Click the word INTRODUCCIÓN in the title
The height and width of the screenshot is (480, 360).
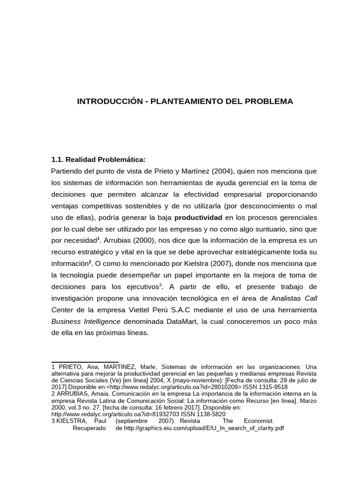point(108,101)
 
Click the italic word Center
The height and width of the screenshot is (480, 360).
point(62,310)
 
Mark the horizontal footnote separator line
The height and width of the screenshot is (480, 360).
point(84,362)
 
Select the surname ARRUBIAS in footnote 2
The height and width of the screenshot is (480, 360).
point(73,394)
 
